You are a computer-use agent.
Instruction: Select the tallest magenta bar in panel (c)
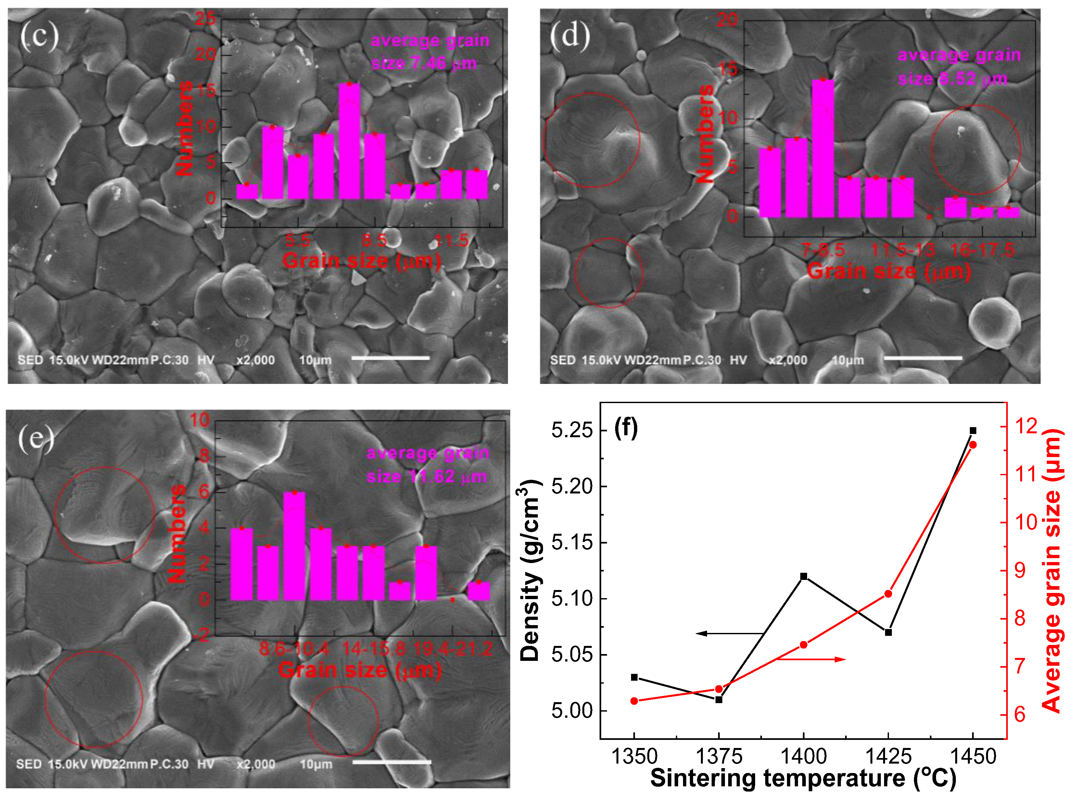349,141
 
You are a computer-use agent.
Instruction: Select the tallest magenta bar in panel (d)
822,148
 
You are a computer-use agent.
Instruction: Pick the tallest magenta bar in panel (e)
294,546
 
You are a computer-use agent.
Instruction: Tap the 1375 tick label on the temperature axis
719,757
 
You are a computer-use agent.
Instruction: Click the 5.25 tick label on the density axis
572,430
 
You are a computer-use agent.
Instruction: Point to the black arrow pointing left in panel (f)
728,634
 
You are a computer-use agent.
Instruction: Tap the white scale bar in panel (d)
923,358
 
